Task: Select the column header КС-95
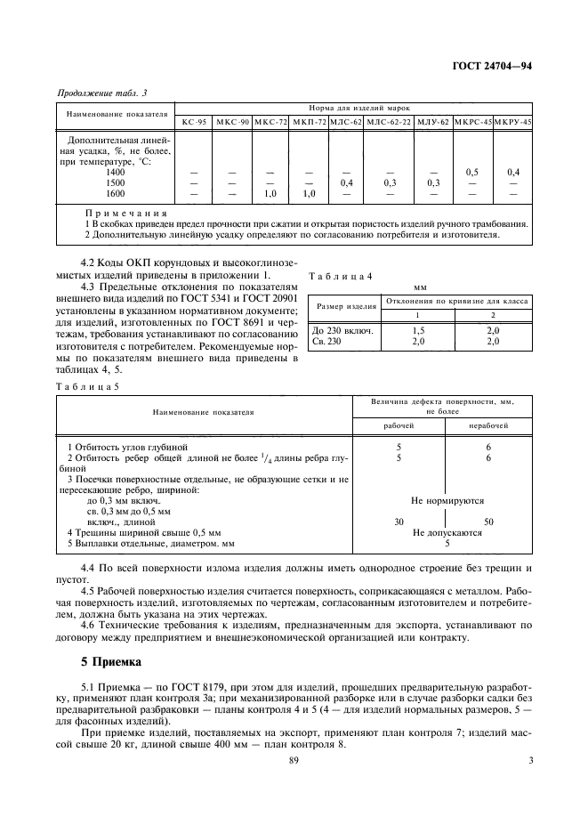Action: coord(194,122)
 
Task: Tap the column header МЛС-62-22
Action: coord(390,122)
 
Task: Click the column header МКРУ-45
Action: coord(512,122)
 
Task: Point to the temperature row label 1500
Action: coord(116,182)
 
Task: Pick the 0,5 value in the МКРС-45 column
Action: coord(472,172)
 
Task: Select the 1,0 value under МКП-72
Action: coord(309,193)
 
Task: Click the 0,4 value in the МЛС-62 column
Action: coord(346,182)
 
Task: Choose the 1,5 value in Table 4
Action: coord(417,330)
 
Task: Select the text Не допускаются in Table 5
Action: coord(447,532)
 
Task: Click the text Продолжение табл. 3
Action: coord(101,93)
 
